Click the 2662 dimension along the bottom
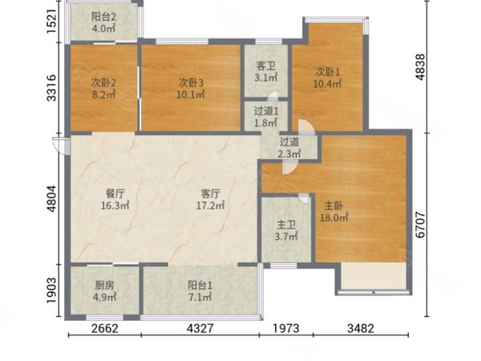pyautogui.click(x=104, y=328)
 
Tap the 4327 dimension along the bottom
pyautogui.click(x=200, y=328)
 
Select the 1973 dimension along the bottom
pyautogui.click(x=286, y=328)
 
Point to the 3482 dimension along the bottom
pyautogui.click(x=361, y=328)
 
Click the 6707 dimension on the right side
pyautogui.click(x=420, y=225)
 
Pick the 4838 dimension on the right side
pyautogui.click(x=420, y=67)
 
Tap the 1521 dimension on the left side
pyautogui.click(x=51, y=22)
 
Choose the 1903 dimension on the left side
pyautogui.click(x=51, y=290)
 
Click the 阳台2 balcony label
pyautogui.click(x=103, y=17)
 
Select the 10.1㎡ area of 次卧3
pyautogui.click(x=191, y=95)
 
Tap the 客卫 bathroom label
pyautogui.click(x=265, y=66)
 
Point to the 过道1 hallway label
pyautogui.click(x=266, y=112)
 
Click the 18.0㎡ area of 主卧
pyautogui.click(x=334, y=217)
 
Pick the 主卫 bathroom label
pyautogui.click(x=286, y=225)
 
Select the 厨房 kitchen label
pyautogui.click(x=104, y=286)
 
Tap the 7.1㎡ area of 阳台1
pyautogui.click(x=200, y=297)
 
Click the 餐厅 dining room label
pyautogui.click(x=115, y=193)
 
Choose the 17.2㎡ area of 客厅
pyautogui.click(x=210, y=205)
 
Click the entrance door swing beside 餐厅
pyautogui.click(x=62, y=146)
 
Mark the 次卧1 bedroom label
pyautogui.click(x=328, y=72)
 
